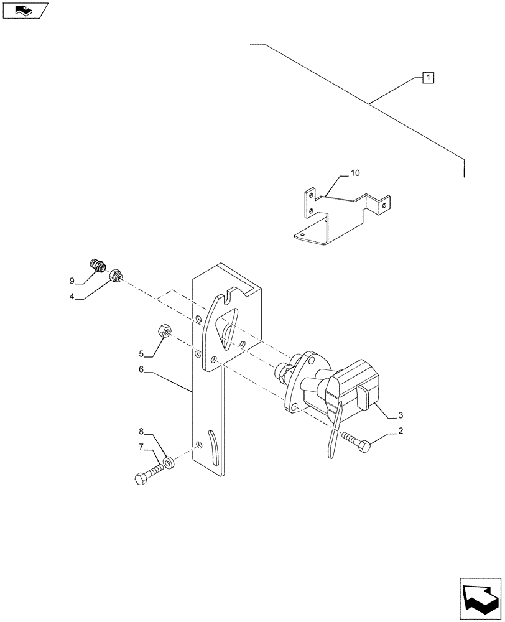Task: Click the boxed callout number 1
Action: click(x=428, y=78)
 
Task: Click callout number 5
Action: click(x=141, y=354)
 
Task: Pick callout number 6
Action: click(x=141, y=369)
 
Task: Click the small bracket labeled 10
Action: click(x=339, y=215)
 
